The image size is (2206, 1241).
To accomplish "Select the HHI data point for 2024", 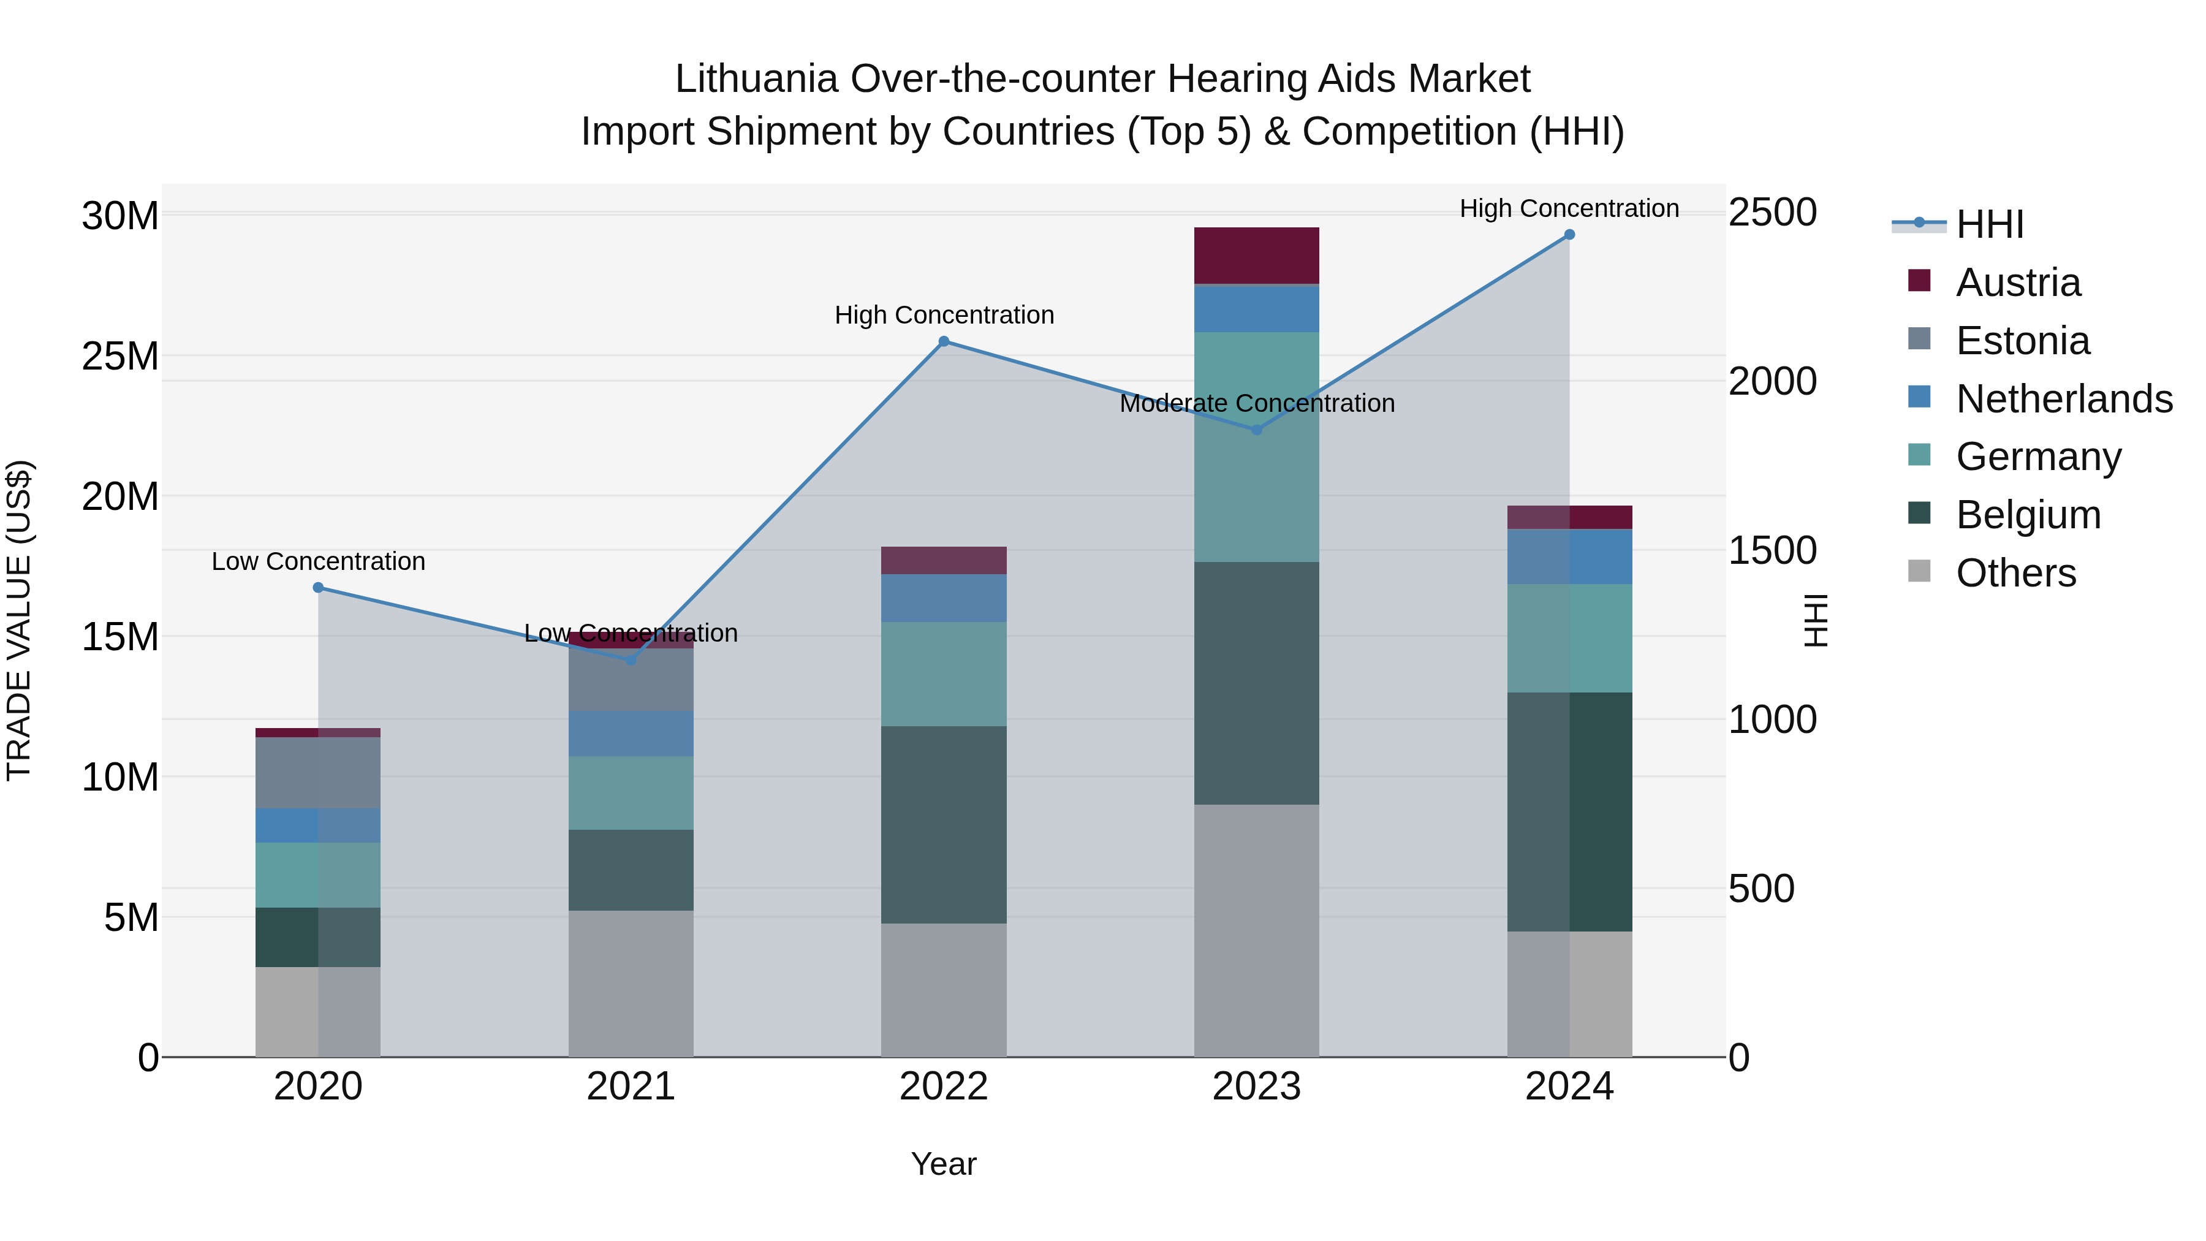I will [x=1569, y=235].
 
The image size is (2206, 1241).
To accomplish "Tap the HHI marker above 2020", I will [x=317, y=588].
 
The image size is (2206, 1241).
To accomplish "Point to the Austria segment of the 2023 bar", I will [x=1256, y=255].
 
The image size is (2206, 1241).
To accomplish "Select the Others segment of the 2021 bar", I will [x=631, y=983].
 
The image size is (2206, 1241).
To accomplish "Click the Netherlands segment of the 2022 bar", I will [x=944, y=598].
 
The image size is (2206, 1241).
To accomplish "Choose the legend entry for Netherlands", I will [x=2064, y=399].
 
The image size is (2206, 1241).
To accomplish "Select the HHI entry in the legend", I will [x=1989, y=224].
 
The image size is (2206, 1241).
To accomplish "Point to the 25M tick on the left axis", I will [x=120, y=356].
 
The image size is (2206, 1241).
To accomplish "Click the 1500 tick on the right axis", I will [x=1772, y=551].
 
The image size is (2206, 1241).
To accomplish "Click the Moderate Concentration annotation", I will [x=1256, y=403].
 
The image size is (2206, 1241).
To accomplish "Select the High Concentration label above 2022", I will [x=944, y=315].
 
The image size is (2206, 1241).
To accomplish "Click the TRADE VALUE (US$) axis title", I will [x=19, y=620].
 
